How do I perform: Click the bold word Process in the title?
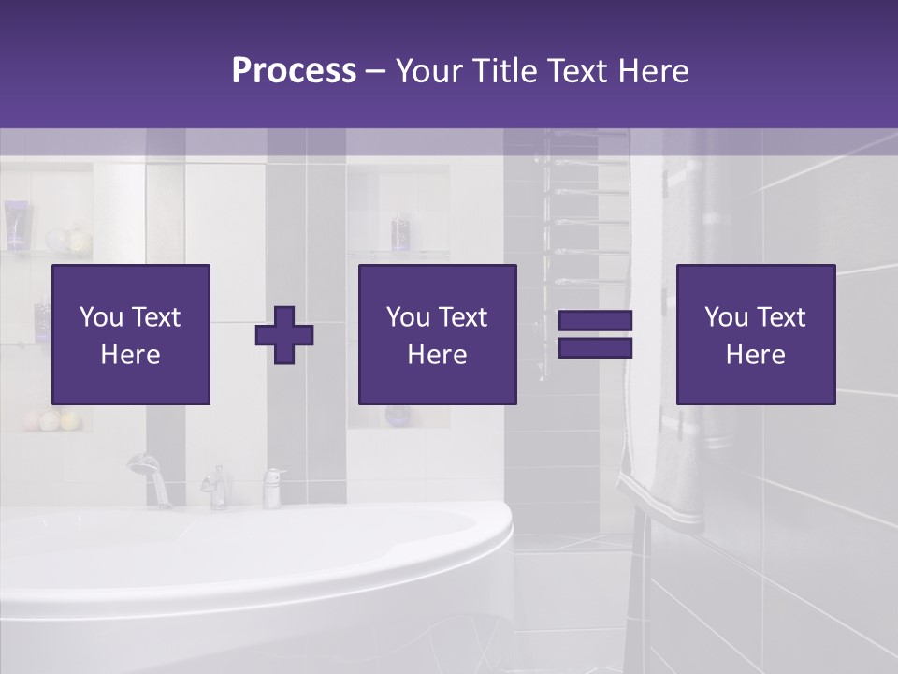tap(294, 71)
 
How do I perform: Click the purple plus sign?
tap(284, 335)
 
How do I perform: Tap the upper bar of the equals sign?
tap(595, 320)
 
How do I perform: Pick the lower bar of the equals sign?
tap(595, 348)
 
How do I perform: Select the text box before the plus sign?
tap(131, 334)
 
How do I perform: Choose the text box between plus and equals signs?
tap(437, 334)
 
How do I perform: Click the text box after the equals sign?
tap(756, 334)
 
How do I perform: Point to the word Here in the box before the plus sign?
tap(131, 355)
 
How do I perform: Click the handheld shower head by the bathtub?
tap(143, 464)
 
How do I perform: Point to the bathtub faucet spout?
tap(216, 487)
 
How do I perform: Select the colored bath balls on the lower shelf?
tap(56, 420)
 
